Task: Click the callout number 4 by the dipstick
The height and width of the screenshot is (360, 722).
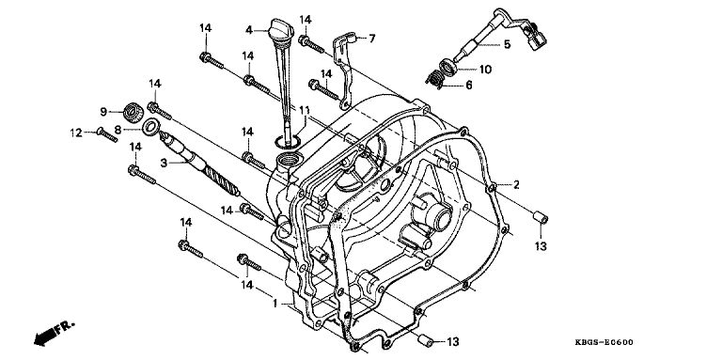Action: [x=249, y=30]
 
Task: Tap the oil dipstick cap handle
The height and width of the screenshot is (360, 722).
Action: [x=281, y=29]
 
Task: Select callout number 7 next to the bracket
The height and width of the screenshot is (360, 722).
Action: [x=372, y=39]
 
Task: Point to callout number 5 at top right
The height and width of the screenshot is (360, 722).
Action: [x=507, y=45]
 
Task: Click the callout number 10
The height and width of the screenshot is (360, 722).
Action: [x=485, y=70]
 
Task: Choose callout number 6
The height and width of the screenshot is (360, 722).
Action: [x=469, y=86]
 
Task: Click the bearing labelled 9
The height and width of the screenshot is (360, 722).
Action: [x=133, y=113]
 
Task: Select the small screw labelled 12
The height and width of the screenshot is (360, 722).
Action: [x=107, y=135]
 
